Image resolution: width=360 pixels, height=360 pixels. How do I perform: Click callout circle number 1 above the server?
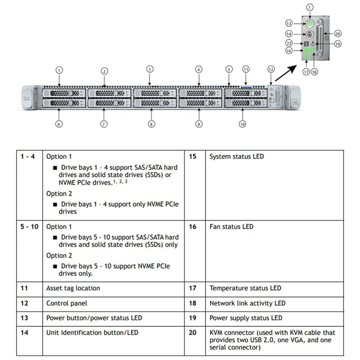59,70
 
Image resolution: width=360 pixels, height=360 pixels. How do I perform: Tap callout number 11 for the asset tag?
246,69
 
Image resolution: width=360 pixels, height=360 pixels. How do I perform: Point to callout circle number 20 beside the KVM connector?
338,33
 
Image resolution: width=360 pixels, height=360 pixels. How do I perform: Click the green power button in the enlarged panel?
310,22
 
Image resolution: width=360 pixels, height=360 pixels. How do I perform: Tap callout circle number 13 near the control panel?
289,23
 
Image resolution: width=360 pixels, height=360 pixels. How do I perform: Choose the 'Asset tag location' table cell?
73,288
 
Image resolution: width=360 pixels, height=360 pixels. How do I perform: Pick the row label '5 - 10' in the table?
30,227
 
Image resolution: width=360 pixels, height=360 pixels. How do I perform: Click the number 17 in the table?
193,288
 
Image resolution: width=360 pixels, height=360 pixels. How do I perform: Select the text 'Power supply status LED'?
246,318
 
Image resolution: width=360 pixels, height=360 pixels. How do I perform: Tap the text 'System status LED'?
237,157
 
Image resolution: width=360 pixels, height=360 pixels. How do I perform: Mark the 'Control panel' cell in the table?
67,303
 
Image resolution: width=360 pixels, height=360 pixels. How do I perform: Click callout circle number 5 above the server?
229,69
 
